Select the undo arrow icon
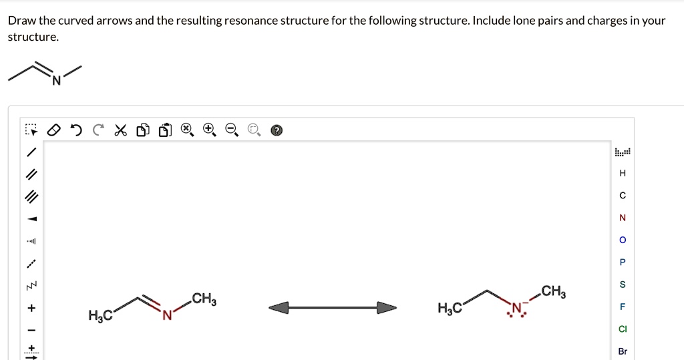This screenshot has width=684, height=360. (x=77, y=129)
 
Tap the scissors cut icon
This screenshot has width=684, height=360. (x=120, y=129)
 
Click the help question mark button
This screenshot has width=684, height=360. (x=277, y=130)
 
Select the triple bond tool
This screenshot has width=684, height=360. (x=31, y=197)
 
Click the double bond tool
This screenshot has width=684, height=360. (x=31, y=175)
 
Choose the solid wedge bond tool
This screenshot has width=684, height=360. (x=31, y=219)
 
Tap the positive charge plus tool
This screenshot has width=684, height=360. (x=31, y=309)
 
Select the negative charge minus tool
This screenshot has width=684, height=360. (x=31, y=331)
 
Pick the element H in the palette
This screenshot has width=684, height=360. (x=623, y=173)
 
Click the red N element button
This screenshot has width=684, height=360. (x=623, y=218)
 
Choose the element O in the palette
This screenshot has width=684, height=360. (x=623, y=240)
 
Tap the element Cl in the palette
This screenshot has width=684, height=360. (x=623, y=329)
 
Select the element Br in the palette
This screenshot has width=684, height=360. (x=623, y=351)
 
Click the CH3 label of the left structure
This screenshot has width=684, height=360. (x=204, y=298)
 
